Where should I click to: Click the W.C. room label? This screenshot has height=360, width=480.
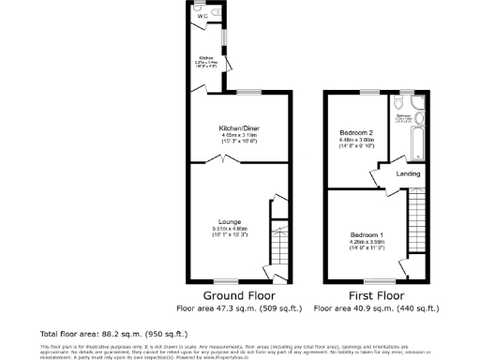(x=202, y=16)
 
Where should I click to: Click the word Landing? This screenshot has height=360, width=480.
(x=407, y=173)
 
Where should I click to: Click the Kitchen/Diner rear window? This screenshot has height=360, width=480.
(x=249, y=92)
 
